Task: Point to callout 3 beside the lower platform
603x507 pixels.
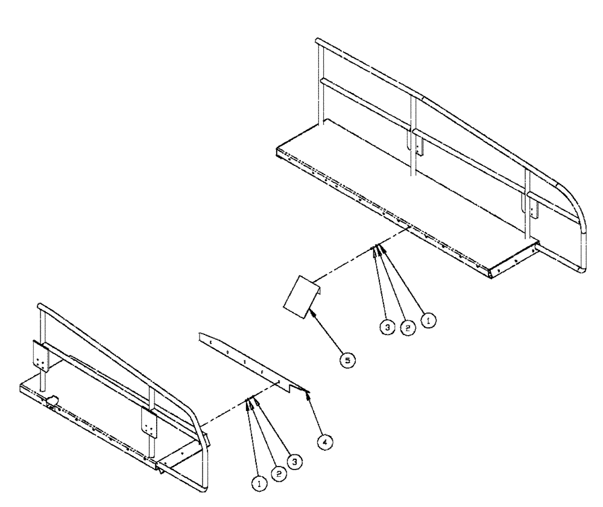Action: (x=295, y=462)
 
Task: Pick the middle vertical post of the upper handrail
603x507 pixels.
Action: (x=413, y=133)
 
